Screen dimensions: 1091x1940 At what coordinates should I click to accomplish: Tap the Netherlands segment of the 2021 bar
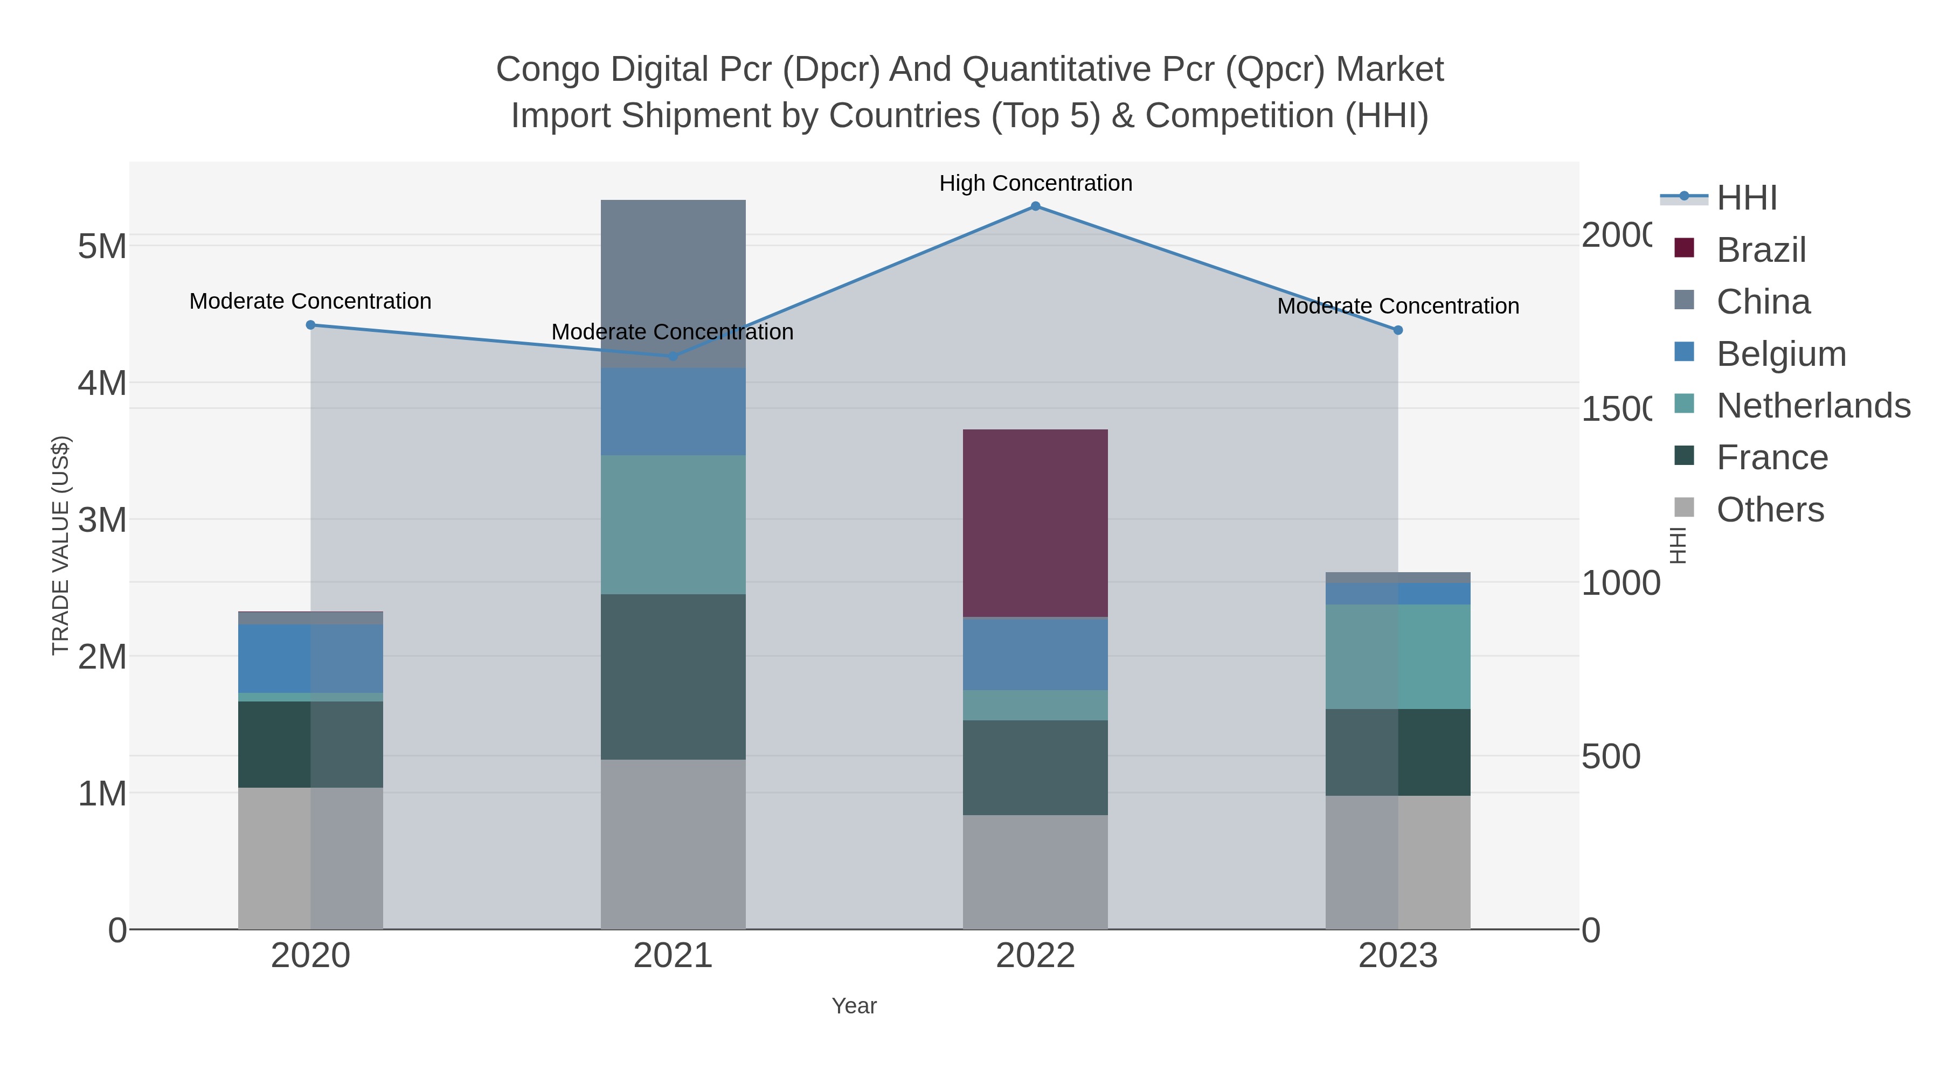coord(673,525)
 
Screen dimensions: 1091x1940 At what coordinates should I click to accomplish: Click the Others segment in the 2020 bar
coord(310,858)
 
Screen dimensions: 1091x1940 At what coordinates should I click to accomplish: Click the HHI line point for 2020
coord(310,325)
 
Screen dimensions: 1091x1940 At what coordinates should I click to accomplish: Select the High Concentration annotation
coord(1036,184)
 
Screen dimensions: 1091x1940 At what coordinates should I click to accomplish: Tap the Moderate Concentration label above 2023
coord(1398,307)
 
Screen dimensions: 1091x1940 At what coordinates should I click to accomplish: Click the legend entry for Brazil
coord(1761,250)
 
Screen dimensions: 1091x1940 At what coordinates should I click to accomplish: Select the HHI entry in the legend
coord(1747,198)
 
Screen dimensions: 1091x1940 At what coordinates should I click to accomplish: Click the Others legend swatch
coord(1685,508)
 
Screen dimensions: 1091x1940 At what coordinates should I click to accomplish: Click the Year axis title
coord(854,1006)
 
